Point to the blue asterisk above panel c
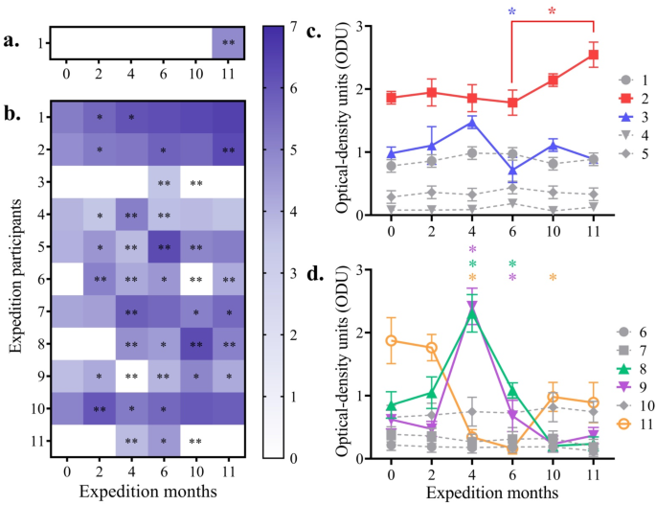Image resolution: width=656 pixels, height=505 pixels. click(x=512, y=12)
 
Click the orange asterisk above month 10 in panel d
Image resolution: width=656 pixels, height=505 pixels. click(x=554, y=279)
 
